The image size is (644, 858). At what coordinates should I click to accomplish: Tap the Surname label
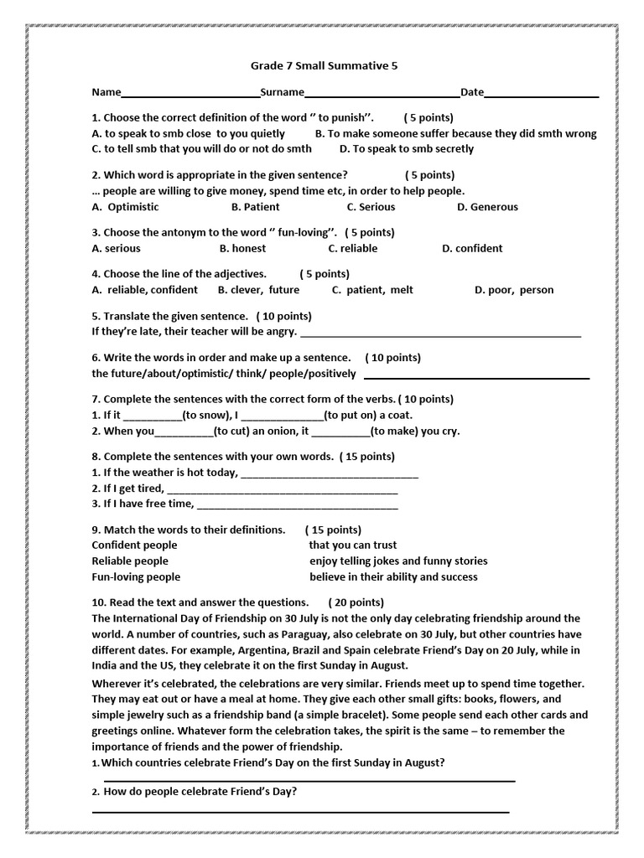coord(282,92)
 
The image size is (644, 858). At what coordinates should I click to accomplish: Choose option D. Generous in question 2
coord(487,207)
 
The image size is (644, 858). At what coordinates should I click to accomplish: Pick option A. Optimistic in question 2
coord(124,207)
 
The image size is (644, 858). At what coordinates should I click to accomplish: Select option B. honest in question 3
coord(242,248)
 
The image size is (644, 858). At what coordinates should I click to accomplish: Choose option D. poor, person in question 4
coord(514,290)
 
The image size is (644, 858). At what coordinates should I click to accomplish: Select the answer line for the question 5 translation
coord(440,335)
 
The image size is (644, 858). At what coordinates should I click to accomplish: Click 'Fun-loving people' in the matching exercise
coord(136,576)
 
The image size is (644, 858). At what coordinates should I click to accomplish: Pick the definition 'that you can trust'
coord(352,545)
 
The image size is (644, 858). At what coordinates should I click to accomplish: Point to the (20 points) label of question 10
coord(356,602)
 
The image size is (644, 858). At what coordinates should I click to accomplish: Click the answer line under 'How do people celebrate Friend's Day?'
coord(300,811)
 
